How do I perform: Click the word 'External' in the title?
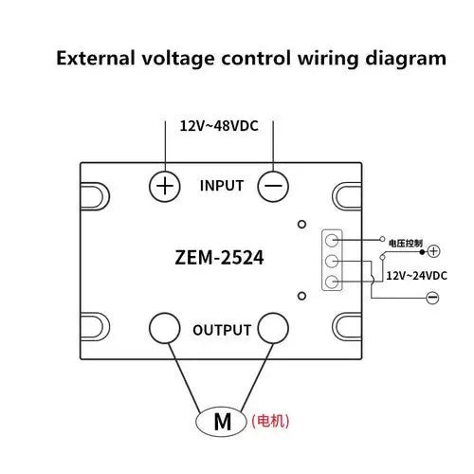tap(96, 59)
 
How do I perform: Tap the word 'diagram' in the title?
tap(406, 60)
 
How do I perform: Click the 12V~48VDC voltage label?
tap(219, 126)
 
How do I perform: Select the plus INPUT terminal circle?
tap(165, 186)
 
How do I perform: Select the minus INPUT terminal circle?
tap(273, 186)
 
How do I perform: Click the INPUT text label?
tap(222, 186)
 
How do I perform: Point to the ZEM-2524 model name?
tap(219, 258)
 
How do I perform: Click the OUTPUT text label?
tap(222, 330)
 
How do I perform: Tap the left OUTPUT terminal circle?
tap(165, 328)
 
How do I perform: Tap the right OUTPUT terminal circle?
tap(273, 328)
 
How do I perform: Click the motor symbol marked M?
tap(221, 422)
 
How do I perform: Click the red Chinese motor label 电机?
tap(270, 421)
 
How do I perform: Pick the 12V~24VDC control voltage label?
tap(417, 276)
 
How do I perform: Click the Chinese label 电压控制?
tap(406, 243)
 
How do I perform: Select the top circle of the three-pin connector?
tap(332, 241)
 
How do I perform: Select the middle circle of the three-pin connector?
tap(332, 261)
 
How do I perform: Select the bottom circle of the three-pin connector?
tap(332, 282)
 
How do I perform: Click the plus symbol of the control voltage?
tap(433, 251)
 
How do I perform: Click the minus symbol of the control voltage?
tap(432, 298)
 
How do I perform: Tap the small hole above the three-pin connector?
tap(302, 224)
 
